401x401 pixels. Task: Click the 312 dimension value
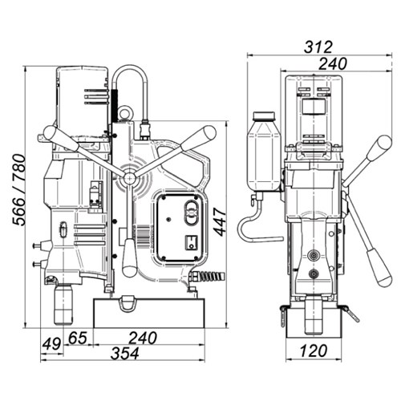318,47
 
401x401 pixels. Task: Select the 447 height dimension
221,223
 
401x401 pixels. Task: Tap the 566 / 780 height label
19,190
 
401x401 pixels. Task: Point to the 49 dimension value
51,343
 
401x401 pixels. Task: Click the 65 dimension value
78,338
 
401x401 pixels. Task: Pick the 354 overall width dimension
125,354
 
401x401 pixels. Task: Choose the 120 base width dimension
314,350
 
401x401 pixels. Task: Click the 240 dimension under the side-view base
143,338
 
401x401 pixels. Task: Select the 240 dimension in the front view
332,63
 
